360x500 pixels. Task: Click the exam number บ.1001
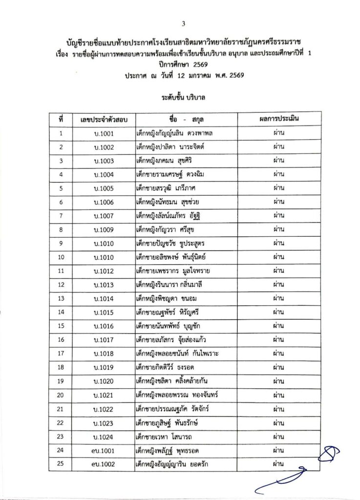click(104, 133)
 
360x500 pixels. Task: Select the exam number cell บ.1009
click(104, 229)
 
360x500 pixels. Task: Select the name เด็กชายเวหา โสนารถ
click(164, 436)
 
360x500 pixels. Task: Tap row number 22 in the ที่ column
click(61, 422)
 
